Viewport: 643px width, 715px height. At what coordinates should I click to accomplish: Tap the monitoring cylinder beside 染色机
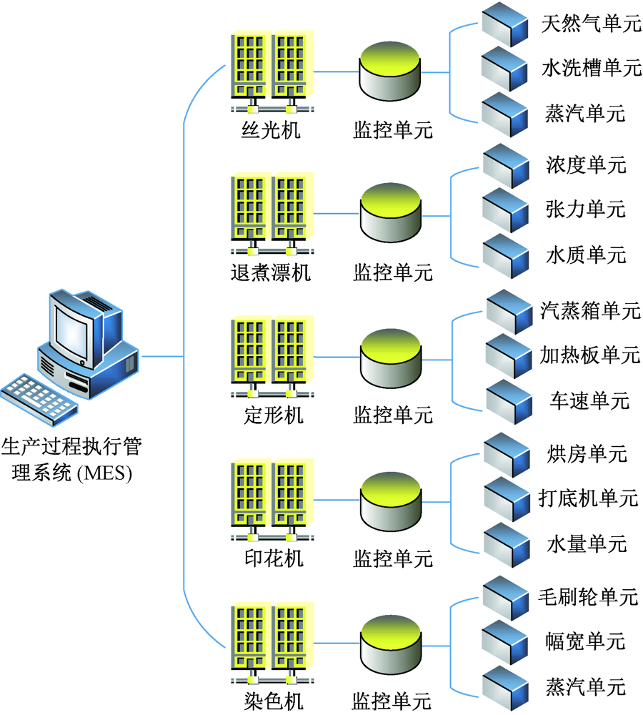[x=390, y=641]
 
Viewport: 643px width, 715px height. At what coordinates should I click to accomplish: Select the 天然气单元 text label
[x=591, y=24]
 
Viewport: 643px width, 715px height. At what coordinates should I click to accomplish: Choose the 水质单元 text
[x=585, y=255]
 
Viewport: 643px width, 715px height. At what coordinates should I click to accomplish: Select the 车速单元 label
[x=589, y=400]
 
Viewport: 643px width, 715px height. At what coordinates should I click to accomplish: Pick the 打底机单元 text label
[x=587, y=498]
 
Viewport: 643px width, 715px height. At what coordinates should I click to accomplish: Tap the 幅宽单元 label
[x=585, y=641]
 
